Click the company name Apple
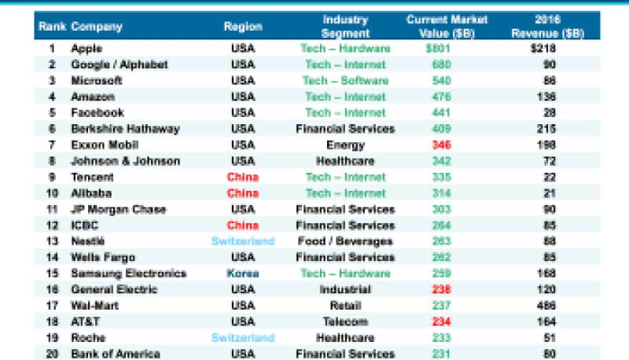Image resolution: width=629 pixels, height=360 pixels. [x=86, y=48]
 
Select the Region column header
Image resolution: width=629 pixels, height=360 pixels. [x=243, y=27]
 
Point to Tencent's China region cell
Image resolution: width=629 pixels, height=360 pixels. [x=243, y=178]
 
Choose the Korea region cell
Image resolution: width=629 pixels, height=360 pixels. [x=243, y=274]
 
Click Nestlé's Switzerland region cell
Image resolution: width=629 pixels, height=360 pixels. [x=243, y=241]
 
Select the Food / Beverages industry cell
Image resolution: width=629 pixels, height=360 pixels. [x=345, y=241]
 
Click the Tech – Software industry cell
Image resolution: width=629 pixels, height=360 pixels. [x=345, y=80]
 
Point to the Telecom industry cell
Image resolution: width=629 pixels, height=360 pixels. [x=345, y=322]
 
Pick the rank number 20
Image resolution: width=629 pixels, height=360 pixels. [x=52, y=354]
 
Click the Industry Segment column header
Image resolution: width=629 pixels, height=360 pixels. [x=345, y=27]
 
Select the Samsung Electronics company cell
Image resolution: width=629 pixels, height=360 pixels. [x=129, y=274]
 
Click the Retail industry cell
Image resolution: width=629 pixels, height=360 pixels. [x=345, y=306]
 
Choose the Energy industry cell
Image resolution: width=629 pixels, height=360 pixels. [x=345, y=145]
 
